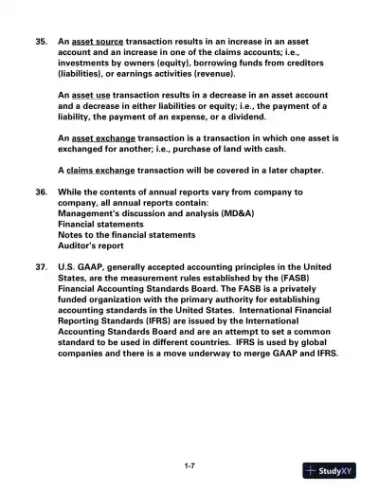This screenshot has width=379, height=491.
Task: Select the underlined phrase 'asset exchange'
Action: (106, 137)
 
